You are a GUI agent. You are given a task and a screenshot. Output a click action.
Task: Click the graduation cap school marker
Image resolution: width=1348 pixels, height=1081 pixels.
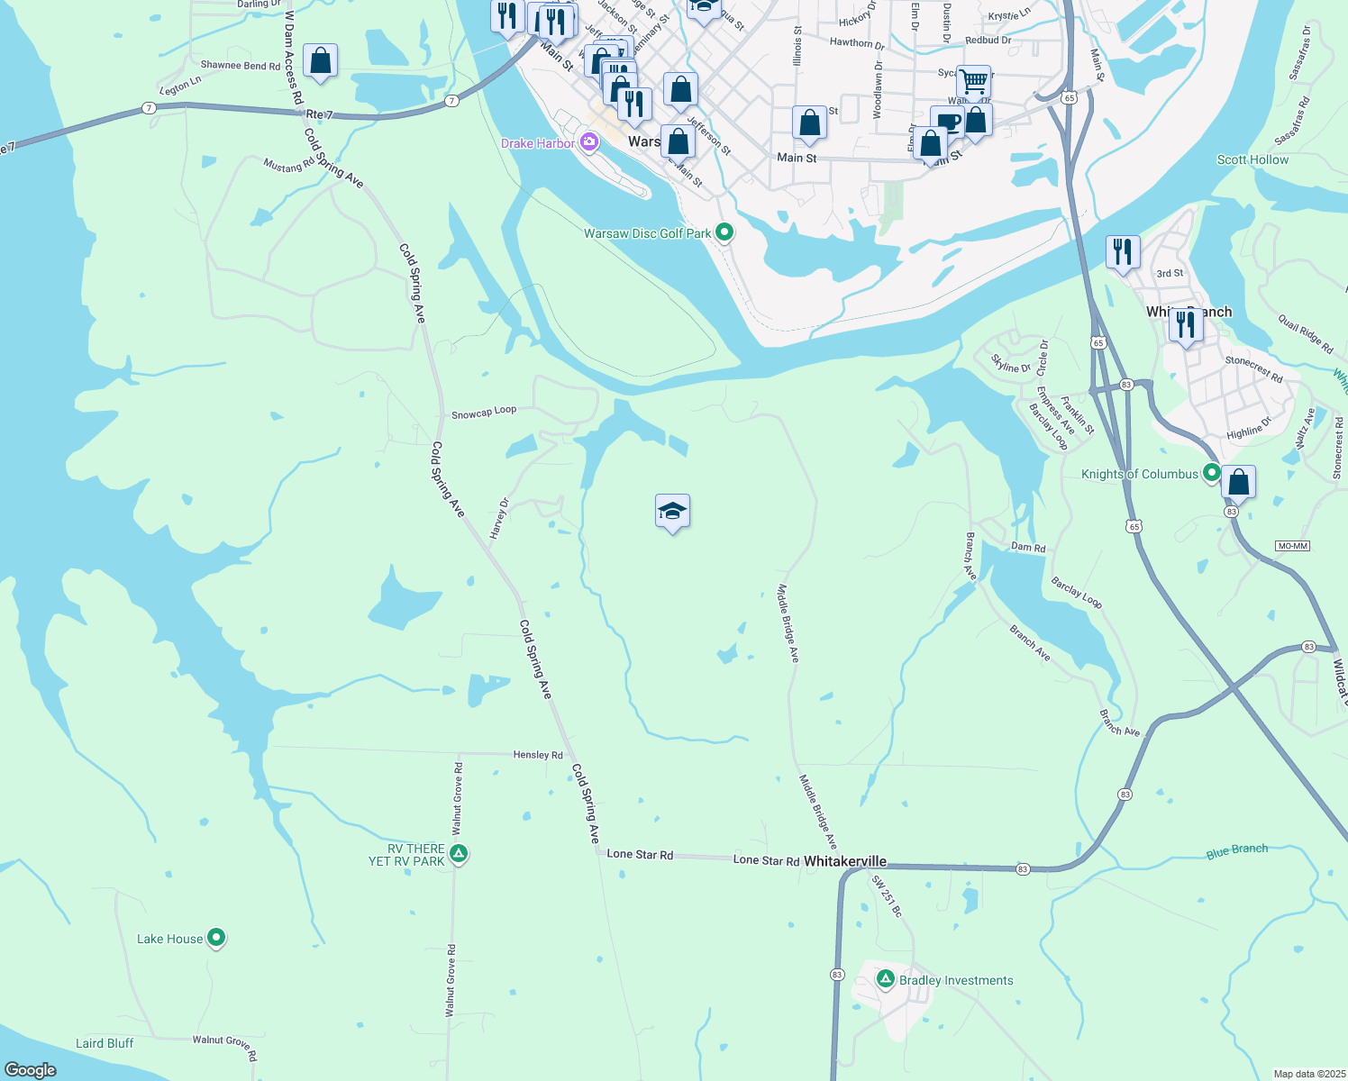pyautogui.click(x=672, y=512)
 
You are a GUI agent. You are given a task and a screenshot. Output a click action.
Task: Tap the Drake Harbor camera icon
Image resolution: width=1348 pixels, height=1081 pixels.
pyautogui.click(x=589, y=142)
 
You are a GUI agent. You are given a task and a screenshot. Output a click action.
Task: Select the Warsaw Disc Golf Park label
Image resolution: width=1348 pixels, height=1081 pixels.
pyautogui.click(x=647, y=233)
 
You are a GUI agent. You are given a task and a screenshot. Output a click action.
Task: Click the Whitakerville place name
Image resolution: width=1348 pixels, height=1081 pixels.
pyautogui.click(x=844, y=861)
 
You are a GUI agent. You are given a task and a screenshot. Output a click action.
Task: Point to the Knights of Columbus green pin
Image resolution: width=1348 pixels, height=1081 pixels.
pyautogui.click(x=1212, y=472)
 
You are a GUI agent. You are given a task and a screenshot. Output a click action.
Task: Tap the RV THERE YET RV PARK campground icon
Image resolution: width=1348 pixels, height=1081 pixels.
pyautogui.click(x=459, y=853)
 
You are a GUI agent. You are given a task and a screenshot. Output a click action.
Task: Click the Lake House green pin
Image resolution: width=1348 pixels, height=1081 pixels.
pyautogui.click(x=216, y=938)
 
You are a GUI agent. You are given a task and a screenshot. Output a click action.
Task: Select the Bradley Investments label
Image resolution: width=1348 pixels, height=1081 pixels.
pyautogui.click(x=956, y=980)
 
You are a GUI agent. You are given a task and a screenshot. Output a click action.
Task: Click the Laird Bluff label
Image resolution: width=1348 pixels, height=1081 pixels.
pyautogui.click(x=105, y=1043)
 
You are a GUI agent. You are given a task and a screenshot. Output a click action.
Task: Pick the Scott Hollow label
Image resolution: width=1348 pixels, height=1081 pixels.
pyautogui.click(x=1252, y=159)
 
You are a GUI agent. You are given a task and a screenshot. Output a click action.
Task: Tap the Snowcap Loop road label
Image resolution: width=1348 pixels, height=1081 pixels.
pyautogui.click(x=484, y=413)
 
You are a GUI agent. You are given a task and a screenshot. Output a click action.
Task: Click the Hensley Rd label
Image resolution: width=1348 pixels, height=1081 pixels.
pyautogui.click(x=537, y=755)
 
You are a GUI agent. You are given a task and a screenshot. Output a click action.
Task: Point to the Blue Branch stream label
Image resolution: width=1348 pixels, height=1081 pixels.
pyautogui.click(x=1236, y=850)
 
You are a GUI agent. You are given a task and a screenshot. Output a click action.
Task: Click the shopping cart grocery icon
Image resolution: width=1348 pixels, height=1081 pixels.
pyautogui.click(x=973, y=81)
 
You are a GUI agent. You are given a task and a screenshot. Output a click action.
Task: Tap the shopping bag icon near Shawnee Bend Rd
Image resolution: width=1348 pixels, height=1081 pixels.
pyautogui.click(x=320, y=61)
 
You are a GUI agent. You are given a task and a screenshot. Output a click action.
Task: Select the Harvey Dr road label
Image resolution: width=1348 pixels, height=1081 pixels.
pyautogui.click(x=499, y=519)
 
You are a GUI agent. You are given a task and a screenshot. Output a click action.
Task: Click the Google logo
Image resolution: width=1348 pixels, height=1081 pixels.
pyautogui.click(x=31, y=1069)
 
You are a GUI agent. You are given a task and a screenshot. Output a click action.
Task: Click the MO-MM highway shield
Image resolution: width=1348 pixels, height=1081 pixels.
pyautogui.click(x=1292, y=546)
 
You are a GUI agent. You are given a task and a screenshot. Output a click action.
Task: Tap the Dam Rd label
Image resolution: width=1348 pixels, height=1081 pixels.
pyautogui.click(x=1027, y=547)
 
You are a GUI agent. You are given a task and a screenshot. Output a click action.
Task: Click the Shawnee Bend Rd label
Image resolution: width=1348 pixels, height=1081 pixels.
pyautogui.click(x=240, y=65)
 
